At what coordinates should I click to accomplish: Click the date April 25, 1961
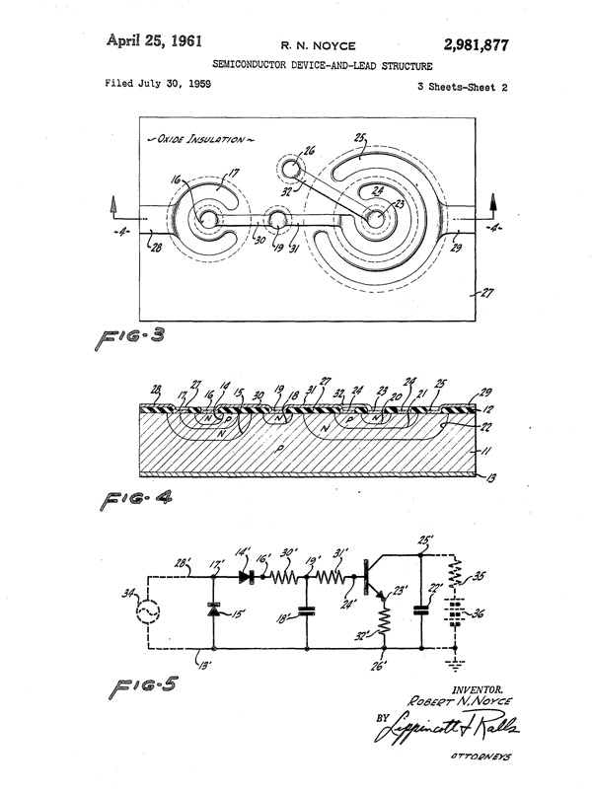(154, 41)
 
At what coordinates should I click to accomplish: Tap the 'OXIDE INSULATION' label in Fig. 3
(198, 140)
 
